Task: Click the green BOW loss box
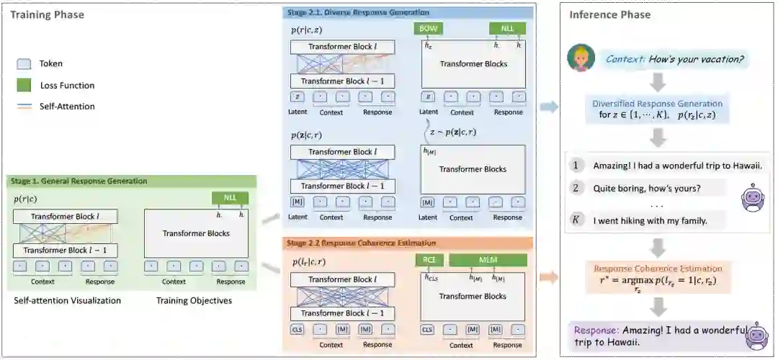[x=428, y=30]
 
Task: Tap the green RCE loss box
[x=429, y=260]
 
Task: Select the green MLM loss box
[x=488, y=260]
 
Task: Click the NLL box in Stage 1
[x=230, y=198]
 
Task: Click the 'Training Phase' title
[x=47, y=14]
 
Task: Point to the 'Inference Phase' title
[x=609, y=14]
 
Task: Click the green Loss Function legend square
[x=24, y=86]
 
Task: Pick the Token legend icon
[x=24, y=64]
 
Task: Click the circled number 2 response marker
[x=576, y=189]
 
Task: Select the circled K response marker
[x=576, y=220]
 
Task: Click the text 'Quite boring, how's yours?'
[x=647, y=189]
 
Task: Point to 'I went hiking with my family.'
[x=650, y=220]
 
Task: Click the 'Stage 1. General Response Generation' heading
[x=79, y=181]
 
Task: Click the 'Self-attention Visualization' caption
[x=67, y=300]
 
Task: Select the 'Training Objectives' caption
[x=194, y=300]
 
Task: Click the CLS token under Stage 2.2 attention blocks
[x=298, y=330]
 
